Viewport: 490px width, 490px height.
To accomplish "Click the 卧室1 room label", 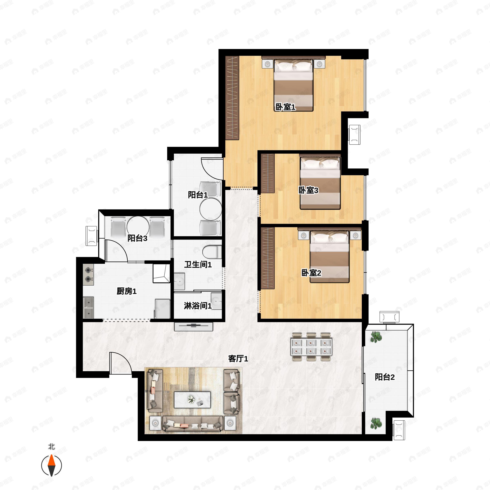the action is tap(286, 107).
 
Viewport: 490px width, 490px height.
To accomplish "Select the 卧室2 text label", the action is tap(311, 273).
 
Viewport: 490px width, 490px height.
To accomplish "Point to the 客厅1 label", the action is tap(238, 359).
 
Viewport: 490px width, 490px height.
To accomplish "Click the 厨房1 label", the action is tap(127, 291).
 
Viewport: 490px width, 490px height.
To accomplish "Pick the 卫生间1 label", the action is tap(198, 265).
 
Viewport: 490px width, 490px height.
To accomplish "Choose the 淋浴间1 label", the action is tap(198, 306).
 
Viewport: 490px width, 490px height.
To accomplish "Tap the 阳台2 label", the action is tap(385, 377).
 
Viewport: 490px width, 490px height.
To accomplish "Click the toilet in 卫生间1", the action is tap(212, 252).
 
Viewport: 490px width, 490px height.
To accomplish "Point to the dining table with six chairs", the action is tap(311, 347).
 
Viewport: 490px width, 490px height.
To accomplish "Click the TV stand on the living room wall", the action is tap(194, 326).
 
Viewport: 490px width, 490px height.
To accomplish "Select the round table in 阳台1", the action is tap(211, 209).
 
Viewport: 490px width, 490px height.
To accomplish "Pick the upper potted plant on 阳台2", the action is tap(376, 337).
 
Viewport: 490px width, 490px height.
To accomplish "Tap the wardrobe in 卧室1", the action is tap(232, 98).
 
